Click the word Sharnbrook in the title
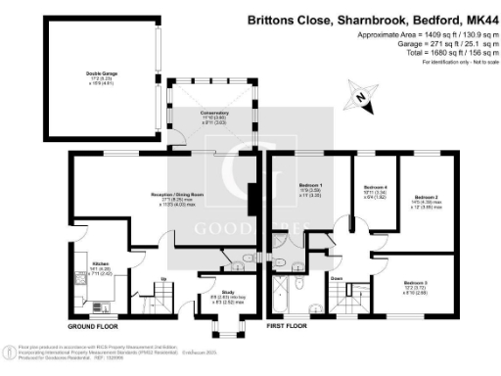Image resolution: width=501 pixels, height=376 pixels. (x=355, y=18)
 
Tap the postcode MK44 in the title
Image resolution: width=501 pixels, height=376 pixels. (x=479, y=18)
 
